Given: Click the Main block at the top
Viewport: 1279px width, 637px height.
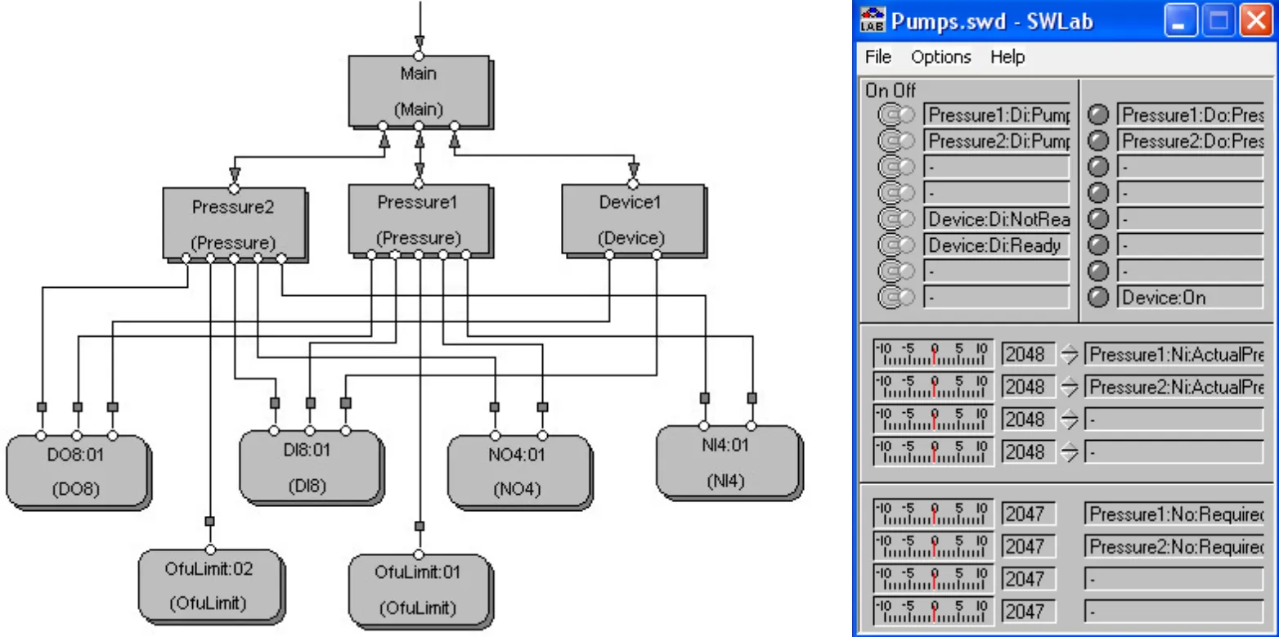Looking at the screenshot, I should click(x=418, y=91).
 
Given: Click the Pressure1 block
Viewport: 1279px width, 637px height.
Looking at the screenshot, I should click(x=418, y=219).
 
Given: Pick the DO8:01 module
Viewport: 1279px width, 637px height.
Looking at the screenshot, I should click(x=76, y=471).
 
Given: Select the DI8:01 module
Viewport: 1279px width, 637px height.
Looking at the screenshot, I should click(x=310, y=466).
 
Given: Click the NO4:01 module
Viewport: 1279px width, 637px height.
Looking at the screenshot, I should click(x=518, y=471).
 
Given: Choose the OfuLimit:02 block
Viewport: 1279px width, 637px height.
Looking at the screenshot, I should click(x=210, y=586).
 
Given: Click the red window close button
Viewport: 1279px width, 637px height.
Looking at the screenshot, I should click(x=1255, y=21).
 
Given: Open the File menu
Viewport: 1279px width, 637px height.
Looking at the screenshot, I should click(x=877, y=57).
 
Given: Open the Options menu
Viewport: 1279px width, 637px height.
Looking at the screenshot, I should click(x=941, y=57).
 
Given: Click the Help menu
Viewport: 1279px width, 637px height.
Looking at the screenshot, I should click(x=1007, y=57).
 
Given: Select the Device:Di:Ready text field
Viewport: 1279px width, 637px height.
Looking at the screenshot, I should click(x=996, y=245).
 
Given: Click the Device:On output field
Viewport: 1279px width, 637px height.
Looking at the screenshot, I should click(x=1190, y=298).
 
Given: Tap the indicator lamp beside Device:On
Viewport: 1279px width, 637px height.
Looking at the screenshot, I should click(x=1099, y=298).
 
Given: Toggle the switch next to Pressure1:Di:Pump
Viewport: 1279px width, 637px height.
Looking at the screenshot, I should click(x=896, y=115).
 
